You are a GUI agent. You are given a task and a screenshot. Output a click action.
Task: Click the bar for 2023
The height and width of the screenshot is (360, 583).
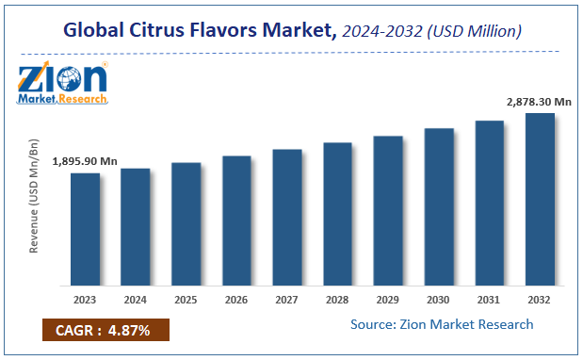[86, 228]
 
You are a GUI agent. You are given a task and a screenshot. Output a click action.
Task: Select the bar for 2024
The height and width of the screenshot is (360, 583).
[136, 226]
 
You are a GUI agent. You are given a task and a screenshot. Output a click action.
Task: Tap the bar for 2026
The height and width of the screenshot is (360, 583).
[236, 220]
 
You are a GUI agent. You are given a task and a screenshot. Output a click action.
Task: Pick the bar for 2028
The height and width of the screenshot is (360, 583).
[337, 213]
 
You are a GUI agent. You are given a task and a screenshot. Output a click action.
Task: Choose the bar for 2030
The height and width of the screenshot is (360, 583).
[438, 205]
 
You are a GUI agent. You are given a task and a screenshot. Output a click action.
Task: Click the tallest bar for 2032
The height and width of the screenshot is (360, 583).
[539, 198]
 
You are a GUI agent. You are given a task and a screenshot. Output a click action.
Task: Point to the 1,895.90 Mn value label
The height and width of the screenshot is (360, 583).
[86, 162]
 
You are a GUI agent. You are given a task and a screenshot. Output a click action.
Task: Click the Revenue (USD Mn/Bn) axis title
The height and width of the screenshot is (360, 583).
[35, 195]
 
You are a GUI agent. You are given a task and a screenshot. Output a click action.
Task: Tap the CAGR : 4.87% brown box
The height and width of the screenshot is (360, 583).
[105, 329]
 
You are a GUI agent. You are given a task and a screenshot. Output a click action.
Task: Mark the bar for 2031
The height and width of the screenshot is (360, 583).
[489, 202]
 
